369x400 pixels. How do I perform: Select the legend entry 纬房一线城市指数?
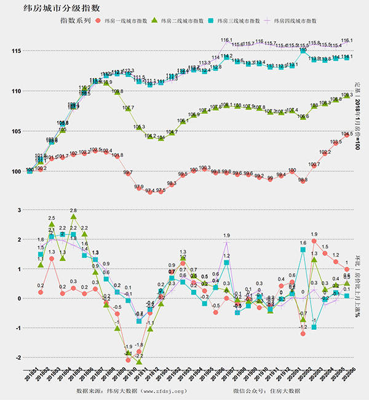[x=129, y=21]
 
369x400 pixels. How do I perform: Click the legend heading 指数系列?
[x=75, y=21]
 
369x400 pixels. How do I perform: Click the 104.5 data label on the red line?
[x=347, y=133]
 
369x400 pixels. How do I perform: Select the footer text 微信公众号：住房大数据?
[x=267, y=391]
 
